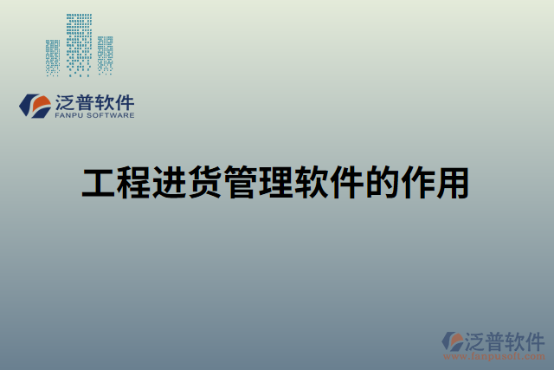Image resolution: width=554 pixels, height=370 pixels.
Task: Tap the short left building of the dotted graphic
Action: pos(54,55)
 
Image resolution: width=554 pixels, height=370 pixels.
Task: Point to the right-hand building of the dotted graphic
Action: pos(106,53)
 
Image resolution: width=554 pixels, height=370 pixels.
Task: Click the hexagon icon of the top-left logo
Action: pos(35,106)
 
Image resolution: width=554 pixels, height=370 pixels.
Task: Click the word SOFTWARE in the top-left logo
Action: pos(109,115)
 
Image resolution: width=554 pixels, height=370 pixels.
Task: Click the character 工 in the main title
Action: pos(98,183)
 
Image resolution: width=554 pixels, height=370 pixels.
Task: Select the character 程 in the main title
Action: pos(133,183)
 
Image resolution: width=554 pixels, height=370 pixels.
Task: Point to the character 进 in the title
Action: pos(169,183)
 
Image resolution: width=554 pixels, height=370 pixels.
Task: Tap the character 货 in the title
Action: pos(204,183)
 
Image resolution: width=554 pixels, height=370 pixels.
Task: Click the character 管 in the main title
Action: pos(240,183)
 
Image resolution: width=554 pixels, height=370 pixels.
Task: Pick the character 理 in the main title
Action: pos(275,183)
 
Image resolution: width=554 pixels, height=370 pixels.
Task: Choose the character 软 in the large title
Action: pos(311,183)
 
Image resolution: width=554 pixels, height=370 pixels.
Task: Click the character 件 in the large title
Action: pos(346,183)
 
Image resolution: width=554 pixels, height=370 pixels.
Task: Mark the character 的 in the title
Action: pos(382,183)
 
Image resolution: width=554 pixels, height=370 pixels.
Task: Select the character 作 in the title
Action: pos(417,183)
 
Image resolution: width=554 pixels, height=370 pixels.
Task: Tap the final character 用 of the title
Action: pos(453,183)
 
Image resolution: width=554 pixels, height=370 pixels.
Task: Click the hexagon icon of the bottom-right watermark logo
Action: pos(452,341)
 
